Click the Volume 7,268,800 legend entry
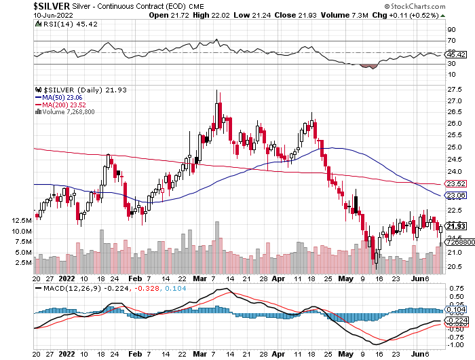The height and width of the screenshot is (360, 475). coord(68,111)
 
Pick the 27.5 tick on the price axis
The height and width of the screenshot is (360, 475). coord(455,90)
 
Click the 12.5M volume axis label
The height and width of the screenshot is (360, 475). coord(21,221)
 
